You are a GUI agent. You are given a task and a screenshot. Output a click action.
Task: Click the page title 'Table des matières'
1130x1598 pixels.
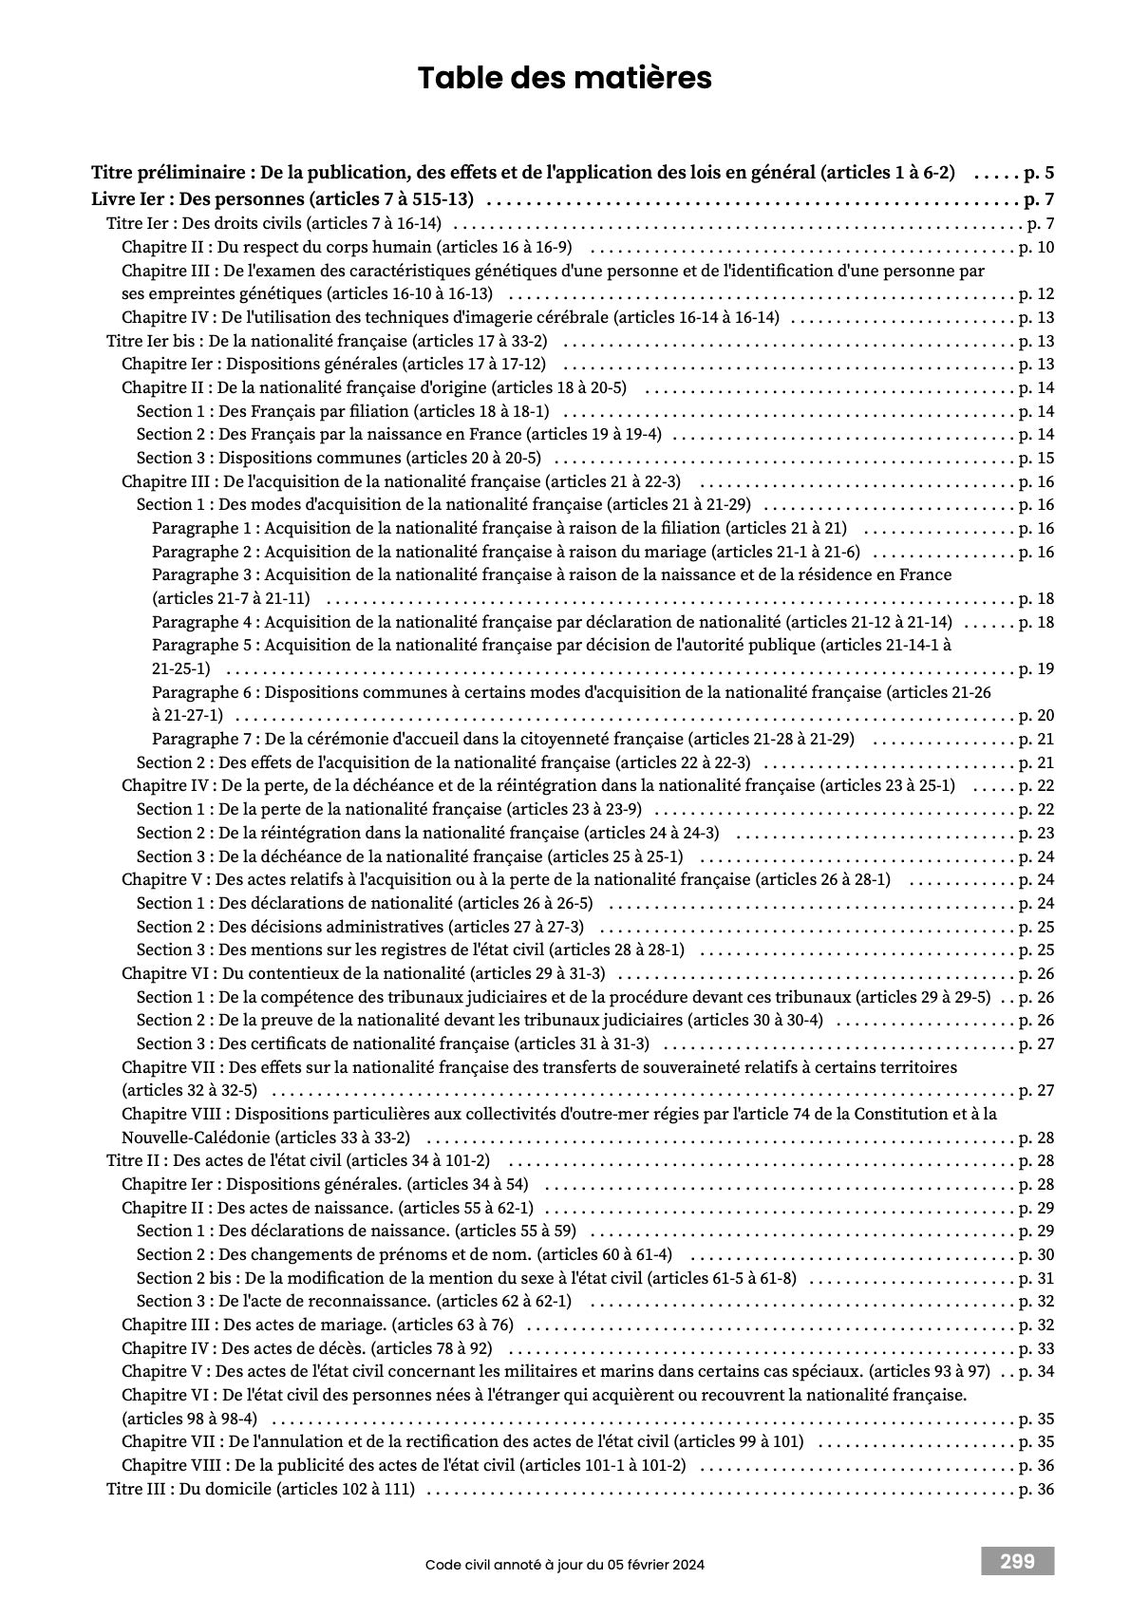tap(564, 78)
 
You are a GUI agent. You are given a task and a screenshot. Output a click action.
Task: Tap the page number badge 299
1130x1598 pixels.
tap(1017, 1561)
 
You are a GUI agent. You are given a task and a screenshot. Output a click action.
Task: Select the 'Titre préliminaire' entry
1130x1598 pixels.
tap(522, 174)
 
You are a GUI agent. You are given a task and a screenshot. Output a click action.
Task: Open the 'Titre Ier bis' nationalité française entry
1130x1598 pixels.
tap(327, 341)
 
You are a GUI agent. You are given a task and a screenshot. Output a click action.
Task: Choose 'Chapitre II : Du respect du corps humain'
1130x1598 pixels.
tap(347, 248)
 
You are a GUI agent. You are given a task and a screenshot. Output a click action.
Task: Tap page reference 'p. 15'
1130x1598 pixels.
tap(1036, 459)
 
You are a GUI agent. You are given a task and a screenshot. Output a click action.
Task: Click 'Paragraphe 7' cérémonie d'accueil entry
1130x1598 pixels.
tap(502, 739)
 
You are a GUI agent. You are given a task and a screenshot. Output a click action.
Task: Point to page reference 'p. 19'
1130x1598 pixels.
tap(1036, 668)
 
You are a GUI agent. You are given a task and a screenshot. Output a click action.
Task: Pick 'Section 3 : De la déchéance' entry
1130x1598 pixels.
tap(409, 856)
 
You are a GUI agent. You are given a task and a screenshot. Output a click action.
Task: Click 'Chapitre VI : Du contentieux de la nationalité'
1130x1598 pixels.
tap(363, 973)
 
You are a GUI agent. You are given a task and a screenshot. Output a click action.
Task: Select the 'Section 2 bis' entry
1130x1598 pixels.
tap(465, 1278)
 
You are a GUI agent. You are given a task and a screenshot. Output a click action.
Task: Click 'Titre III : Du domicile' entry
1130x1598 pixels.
tap(260, 1489)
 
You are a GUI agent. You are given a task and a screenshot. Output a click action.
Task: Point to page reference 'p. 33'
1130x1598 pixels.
tap(1036, 1348)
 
